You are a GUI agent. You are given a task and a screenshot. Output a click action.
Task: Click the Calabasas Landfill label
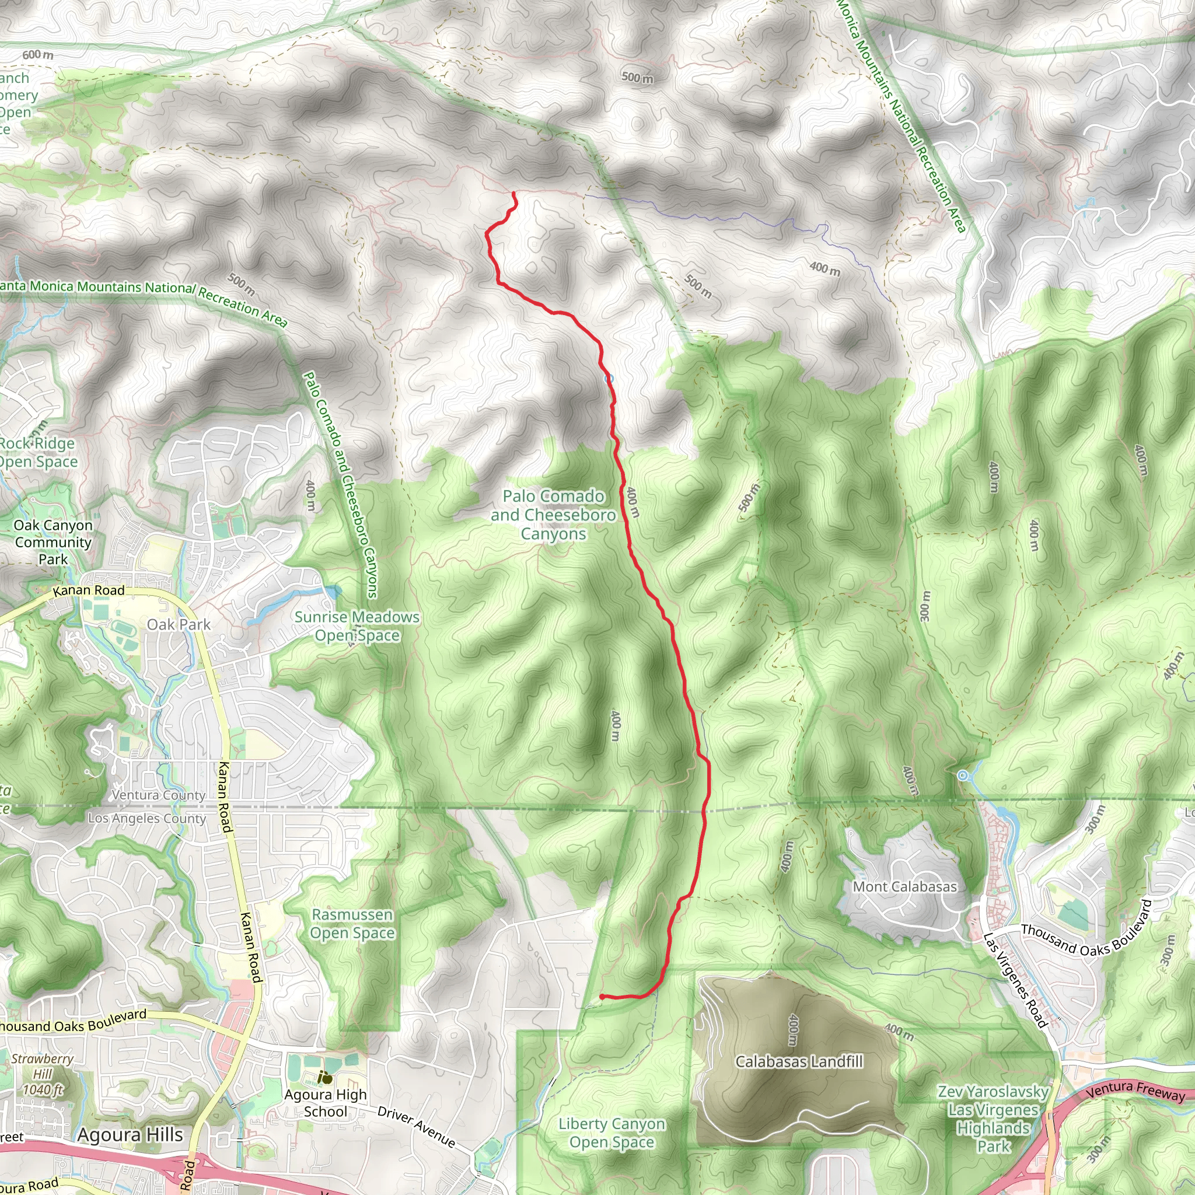click(799, 1061)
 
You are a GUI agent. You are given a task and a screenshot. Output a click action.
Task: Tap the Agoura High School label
click(326, 1103)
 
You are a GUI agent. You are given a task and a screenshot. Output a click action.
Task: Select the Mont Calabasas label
click(904, 886)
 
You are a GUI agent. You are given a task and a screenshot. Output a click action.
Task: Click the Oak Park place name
click(179, 624)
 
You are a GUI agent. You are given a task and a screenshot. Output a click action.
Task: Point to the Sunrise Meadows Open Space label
click(357, 626)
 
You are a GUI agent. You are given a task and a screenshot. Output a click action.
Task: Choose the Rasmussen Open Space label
click(352, 924)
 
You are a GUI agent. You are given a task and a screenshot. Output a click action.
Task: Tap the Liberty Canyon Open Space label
click(611, 1133)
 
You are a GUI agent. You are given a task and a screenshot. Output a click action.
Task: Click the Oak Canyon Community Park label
click(53, 542)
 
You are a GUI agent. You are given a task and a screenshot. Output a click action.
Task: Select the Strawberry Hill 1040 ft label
click(42, 1074)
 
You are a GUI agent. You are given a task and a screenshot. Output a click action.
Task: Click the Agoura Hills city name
click(130, 1134)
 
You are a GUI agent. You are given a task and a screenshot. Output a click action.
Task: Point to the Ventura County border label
click(158, 795)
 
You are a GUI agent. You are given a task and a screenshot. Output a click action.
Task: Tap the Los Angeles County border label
click(146, 818)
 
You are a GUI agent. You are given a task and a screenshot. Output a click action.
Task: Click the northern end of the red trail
click(514, 194)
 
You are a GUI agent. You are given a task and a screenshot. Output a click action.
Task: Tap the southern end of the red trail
click(602, 997)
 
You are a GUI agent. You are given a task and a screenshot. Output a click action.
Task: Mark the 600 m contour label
click(38, 55)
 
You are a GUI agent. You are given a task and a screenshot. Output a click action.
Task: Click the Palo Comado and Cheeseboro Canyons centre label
click(553, 515)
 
